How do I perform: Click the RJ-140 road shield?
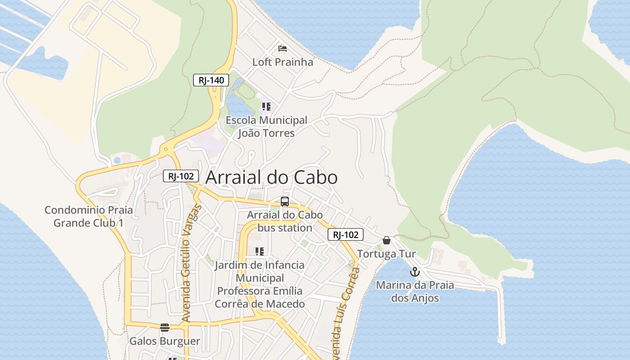(x=211, y=81)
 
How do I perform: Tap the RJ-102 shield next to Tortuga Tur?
(x=345, y=234)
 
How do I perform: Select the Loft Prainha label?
(x=283, y=62)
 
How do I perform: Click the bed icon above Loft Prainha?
(x=283, y=48)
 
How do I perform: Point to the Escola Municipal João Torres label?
(x=266, y=126)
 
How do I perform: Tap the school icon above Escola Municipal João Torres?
(x=266, y=107)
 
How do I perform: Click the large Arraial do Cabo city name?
(x=271, y=177)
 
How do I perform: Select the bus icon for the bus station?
(x=284, y=202)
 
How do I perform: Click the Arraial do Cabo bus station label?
(x=285, y=221)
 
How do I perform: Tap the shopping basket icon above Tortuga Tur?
(x=386, y=240)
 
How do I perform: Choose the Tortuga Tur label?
(x=387, y=254)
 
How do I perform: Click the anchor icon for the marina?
(x=414, y=272)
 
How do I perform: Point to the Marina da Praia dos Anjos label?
(x=415, y=291)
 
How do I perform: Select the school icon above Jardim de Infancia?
(x=260, y=251)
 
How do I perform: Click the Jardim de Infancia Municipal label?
(x=260, y=284)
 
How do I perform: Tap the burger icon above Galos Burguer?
(x=165, y=327)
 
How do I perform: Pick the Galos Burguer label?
(x=165, y=341)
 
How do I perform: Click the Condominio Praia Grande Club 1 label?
(x=89, y=216)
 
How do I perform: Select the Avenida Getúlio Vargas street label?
(x=191, y=263)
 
